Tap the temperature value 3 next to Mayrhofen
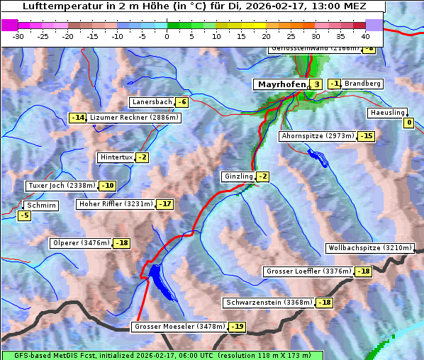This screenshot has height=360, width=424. pos(316,84)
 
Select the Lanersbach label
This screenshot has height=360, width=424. pos(152,102)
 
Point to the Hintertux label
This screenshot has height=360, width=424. pos(116,157)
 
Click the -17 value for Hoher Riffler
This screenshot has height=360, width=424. pos(164,204)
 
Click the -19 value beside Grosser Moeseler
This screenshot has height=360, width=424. pos(236,327)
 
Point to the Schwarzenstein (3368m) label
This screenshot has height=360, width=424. pos(268,303)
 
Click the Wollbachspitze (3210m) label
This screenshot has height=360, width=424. pos(369,248)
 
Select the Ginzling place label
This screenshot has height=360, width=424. pos(238,176)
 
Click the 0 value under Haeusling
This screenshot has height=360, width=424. pos(408,123)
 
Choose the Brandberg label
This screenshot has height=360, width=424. pos(362,84)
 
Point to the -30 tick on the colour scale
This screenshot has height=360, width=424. pos(18,35)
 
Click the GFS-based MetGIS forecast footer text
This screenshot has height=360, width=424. pos(162,355)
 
